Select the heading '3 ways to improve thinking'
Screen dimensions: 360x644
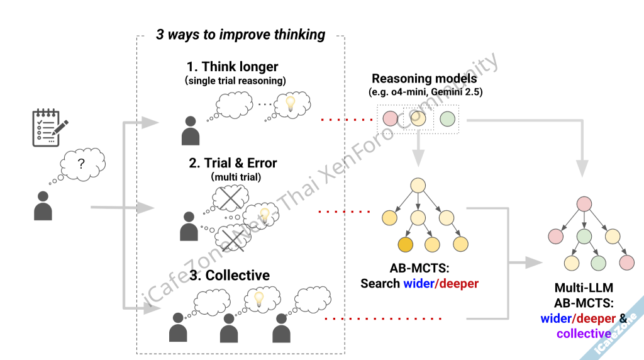241,35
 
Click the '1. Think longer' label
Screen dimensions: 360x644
232,66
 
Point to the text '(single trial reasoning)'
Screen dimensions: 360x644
235,81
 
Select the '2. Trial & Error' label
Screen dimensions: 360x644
233,163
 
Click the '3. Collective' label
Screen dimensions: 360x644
229,275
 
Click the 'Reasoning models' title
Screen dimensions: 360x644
424,79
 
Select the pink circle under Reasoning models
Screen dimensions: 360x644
390,118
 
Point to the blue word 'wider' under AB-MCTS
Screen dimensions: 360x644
418,283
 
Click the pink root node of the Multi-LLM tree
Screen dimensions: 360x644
584,204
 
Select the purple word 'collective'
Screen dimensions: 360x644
584,334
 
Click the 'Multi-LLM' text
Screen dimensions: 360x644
583,288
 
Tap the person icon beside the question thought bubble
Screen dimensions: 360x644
43,205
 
